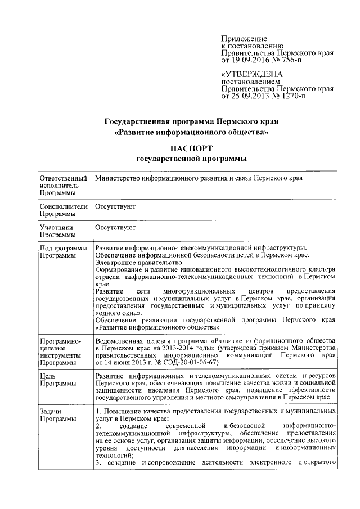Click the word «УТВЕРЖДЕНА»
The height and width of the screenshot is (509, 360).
[253, 75]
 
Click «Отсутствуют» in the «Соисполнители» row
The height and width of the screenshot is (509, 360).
[115, 206]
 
